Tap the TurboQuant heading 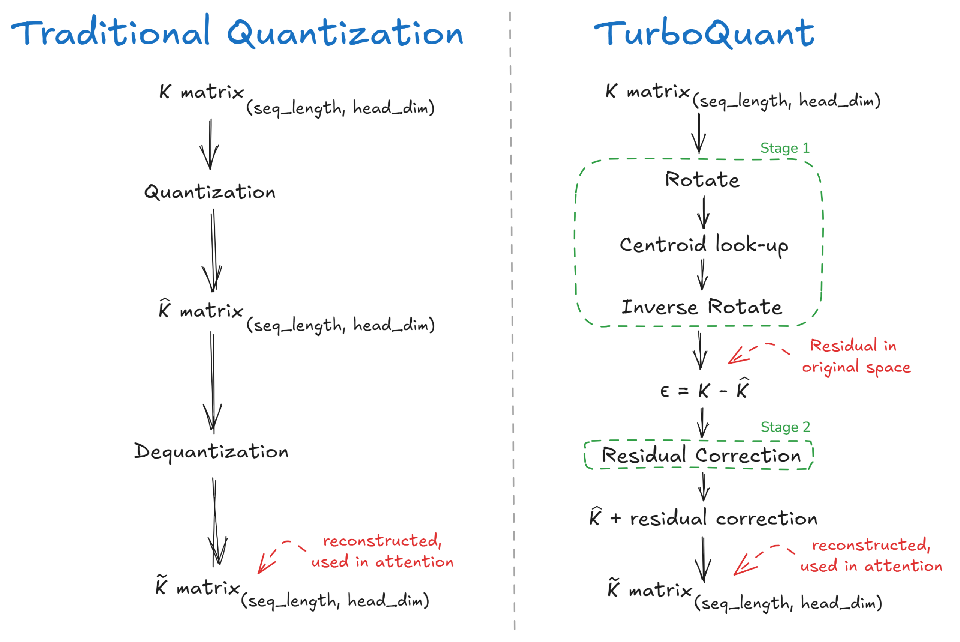point(704,33)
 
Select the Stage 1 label point(785,148)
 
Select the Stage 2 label point(785,427)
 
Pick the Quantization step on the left point(210,192)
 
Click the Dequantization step point(211,452)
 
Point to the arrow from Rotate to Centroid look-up point(704,213)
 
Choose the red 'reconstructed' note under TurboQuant point(871,556)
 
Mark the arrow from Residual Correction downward point(704,487)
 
